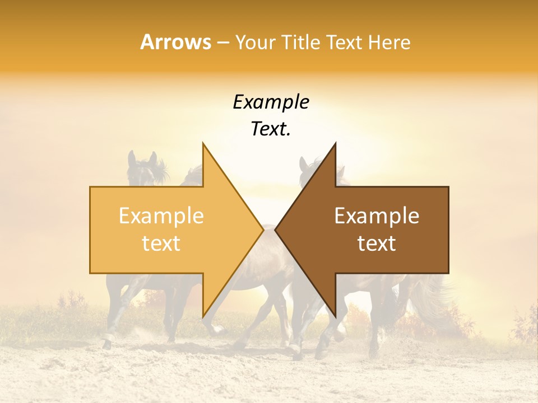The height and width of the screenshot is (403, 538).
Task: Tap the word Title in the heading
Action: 302,42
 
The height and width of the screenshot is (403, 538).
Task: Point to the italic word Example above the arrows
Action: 271,102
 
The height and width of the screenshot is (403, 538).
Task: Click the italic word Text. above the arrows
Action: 271,129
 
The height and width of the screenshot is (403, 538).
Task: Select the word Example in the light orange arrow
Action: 161,216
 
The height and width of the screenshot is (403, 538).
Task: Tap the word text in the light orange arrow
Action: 161,243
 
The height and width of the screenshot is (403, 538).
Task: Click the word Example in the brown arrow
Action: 377,216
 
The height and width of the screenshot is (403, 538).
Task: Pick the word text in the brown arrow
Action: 377,243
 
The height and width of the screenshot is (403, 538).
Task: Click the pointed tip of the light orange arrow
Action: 263,229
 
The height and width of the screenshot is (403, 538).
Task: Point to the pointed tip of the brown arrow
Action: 275,229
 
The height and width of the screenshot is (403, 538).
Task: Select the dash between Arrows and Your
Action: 222,43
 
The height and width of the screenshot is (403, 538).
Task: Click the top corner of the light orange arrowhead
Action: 203,144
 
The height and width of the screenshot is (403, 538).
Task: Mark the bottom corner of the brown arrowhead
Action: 335,316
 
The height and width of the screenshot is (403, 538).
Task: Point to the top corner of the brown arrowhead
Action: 335,144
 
